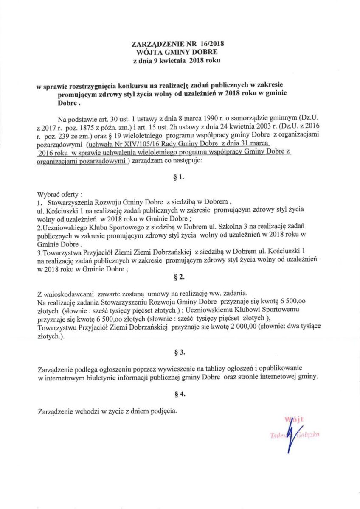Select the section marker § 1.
click(x=180, y=178)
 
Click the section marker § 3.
click(x=180, y=352)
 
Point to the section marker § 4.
click(x=180, y=394)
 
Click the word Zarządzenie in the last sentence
click(x=57, y=411)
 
